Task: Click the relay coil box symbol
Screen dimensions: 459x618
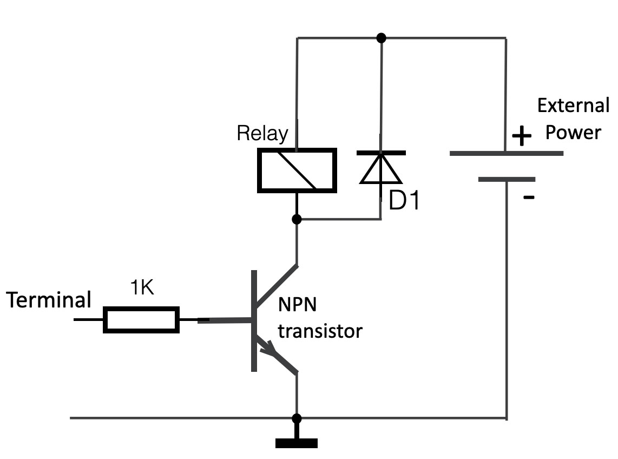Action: pyautogui.click(x=297, y=170)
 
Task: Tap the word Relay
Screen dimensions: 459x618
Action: pyautogui.click(x=262, y=133)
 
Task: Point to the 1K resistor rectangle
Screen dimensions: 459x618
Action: pyautogui.click(x=141, y=319)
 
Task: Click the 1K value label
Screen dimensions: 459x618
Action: pyautogui.click(x=142, y=288)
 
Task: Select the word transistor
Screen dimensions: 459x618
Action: pyautogui.click(x=319, y=330)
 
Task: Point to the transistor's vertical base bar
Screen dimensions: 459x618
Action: pyautogui.click(x=254, y=320)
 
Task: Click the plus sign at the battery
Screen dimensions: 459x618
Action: pyautogui.click(x=522, y=137)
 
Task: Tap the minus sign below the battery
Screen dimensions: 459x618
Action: pyautogui.click(x=529, y=198)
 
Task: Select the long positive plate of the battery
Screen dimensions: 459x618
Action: pyautogui.click(x=507, y=153)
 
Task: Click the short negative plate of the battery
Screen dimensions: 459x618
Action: pyautogui.click(x=507, y=179)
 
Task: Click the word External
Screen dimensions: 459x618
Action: pyautogui.click(x=573, y=105)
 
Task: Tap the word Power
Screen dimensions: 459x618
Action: pyautogui.click(x=573, y=133)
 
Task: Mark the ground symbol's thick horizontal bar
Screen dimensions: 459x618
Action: pyautogui.click(x=296, y=443)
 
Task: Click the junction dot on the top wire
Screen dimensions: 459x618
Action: pyautogui.click(x=381, y=37)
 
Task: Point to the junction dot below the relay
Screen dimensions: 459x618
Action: pyautogui.click(x=297, y=219)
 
